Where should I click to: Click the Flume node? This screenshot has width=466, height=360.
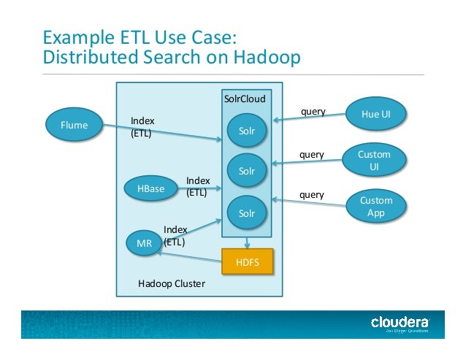pyautogui.click(x=73, y=125)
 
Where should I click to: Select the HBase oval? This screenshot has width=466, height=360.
pyautogui.click(x=150, y=188)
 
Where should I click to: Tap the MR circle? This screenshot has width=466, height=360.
pyautogui.click(x=144, y=243)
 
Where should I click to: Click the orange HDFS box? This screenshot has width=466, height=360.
pyautogui.click(x=247, y=261)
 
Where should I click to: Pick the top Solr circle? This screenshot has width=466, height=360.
pyautogui.click(x=247, y=130)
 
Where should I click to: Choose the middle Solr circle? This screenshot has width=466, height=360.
pyautogui.click(x=247, y=171)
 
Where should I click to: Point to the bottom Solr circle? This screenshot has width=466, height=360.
pyautogui.click(x=247, y=213)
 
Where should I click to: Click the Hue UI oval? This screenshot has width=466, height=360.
pyautogui.click(x=376, y=114)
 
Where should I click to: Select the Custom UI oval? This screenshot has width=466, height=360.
pyautogui.click(x=374, y=160)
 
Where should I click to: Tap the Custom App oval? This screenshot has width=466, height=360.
pyautogui.click(x=376, y=206)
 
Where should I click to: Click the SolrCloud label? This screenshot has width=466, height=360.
pyautogui.click(x=245, y=98)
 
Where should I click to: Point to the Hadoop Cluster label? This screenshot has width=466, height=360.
pyautogui.click(x=172, y=284)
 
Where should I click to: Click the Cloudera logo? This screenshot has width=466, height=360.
pyautogui.click(x=400, y=322)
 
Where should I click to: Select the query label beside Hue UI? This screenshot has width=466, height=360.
pyautogui.click(x=313, y=112)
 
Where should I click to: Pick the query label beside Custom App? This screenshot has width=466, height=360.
pyautogui.click(x=312, y=195)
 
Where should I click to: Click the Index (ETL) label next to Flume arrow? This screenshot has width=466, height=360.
pyautogui.click(x=142, y=126)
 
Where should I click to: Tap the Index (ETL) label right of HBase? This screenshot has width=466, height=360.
pyautogui.click(x=198, y=186)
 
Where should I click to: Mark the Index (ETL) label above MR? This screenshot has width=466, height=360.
pyautogui.click(x=175, y=235)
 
